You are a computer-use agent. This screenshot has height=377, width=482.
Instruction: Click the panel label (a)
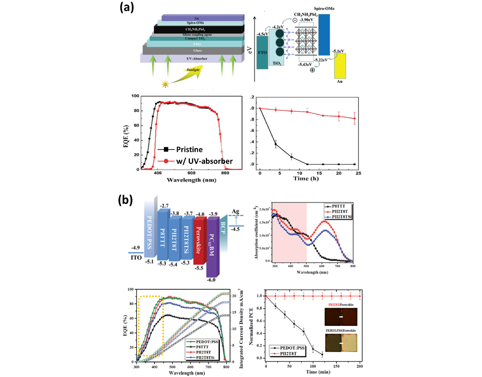point(127,7)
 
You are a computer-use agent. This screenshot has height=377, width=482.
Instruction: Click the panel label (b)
point(125,200)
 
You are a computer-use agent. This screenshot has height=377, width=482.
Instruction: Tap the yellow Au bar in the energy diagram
point(340,66)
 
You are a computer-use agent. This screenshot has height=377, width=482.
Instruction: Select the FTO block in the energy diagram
point(262,53)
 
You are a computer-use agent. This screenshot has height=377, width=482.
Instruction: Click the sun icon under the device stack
point(165,84)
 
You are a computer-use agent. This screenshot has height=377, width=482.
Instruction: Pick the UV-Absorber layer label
point(197,59)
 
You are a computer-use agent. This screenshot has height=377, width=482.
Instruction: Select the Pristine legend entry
point(189,149)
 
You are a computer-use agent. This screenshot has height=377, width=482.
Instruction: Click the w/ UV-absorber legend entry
point(204,161)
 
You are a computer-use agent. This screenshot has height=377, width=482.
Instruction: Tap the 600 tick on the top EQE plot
point(191,173)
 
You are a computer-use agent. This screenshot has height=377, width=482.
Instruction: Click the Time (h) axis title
point(306,179)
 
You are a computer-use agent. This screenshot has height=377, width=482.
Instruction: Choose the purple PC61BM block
point(212,245)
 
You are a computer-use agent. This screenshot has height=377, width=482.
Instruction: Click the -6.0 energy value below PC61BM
point(211,280)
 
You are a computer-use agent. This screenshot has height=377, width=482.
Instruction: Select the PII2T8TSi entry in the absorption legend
point(341,217)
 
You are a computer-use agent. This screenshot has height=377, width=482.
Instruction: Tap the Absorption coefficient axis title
point(256,233)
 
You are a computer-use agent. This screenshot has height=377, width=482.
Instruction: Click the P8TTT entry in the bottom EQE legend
point(202,347)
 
